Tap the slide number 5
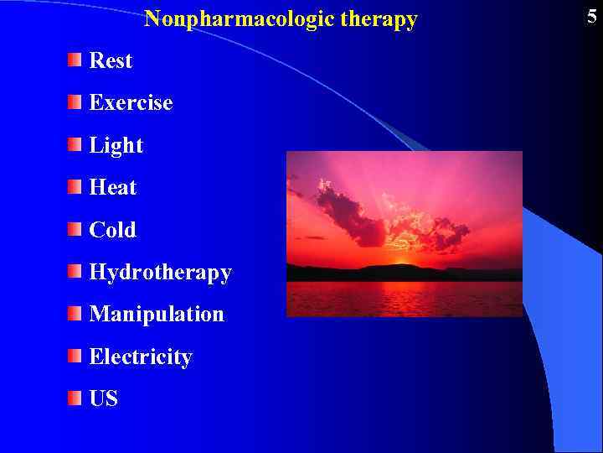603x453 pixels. [591, 16]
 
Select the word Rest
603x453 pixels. [111, 60]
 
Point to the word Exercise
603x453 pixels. [131, 103]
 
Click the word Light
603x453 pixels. [116, 146]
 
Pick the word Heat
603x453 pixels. [113, 188]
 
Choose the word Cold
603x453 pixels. [112, 230]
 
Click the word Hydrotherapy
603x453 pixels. [160, 273]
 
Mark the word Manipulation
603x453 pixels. [157, 315]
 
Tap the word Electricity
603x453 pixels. [141, 357]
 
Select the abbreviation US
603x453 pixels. [104, 399]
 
